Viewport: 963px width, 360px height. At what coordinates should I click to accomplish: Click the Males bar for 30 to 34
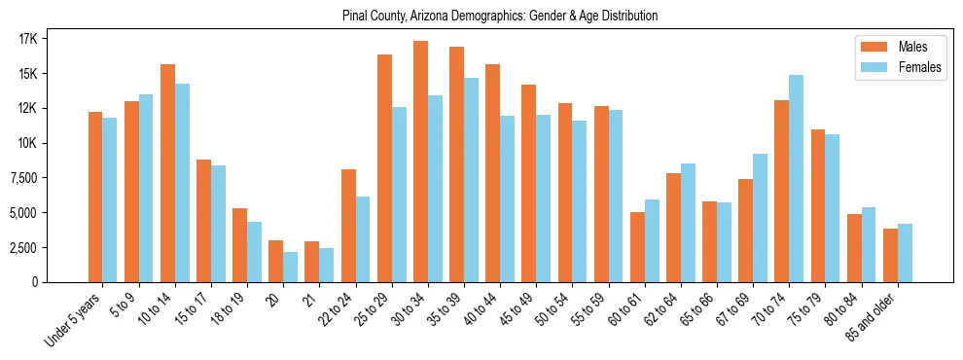(420, 162)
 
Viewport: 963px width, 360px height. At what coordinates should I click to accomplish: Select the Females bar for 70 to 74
(796, 178)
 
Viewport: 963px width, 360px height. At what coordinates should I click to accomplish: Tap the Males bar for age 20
(276, 261)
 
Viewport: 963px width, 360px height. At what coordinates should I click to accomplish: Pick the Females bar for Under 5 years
(110, 199)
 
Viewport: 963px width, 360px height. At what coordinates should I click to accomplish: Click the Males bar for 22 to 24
(348, 226)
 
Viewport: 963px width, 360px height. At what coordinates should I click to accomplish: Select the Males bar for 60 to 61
(637, 247)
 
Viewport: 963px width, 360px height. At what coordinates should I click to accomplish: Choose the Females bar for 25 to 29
(399, 195)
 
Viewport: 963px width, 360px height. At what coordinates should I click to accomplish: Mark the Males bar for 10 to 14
(167, 173)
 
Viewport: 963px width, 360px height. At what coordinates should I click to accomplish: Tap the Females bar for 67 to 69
(760, 218)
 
